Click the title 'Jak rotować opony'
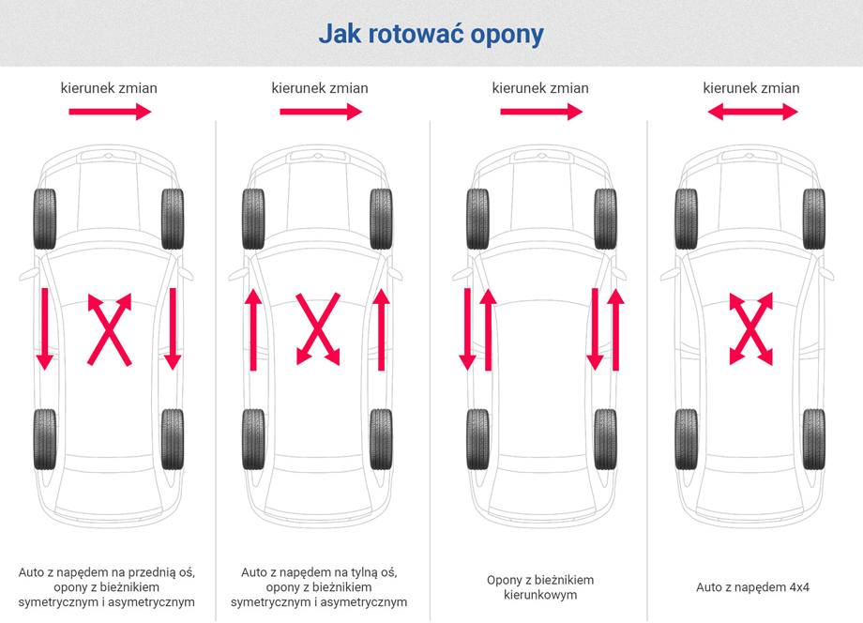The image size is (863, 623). [x=431, y=35]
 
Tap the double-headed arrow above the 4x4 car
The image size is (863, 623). [x=752, y=113]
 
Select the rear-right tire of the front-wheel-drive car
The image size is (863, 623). [x=172, y=439]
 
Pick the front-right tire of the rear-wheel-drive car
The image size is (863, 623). [x=381, y=220]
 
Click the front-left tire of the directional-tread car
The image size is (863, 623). [x=478, y=220]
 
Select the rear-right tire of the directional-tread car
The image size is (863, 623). [x=605, y=439]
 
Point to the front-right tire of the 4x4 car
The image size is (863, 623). [x=813, y=220]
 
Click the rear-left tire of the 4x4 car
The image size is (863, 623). [x=687, y=439]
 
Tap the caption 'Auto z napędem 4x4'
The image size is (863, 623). [x=752, y=587]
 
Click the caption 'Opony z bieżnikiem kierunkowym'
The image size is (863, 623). [x=539, y=587]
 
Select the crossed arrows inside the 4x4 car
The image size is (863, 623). [x=751, y=328]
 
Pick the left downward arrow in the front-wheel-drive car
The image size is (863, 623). [x=43, y=328]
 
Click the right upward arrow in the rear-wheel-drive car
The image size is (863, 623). [x=381, y=328]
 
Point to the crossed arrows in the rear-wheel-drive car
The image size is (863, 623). [x=318, y=328]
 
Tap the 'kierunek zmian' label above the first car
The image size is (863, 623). [x=109, y=88]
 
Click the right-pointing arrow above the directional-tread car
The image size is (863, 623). [x=541, y=113]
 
